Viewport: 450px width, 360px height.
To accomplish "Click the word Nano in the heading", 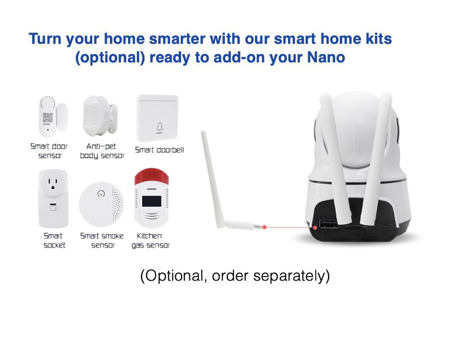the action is [326, 57].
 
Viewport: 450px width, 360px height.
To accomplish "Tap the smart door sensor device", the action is [53, 117].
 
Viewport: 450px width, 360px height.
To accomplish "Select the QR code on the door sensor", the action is [47, 118].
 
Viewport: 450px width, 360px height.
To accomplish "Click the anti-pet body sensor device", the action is [100, 116].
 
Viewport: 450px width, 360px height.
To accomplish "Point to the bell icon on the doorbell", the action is [160, 127].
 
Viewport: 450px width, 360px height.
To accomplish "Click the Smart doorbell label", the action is [159, 150].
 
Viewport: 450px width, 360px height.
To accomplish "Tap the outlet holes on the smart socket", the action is [53, 184].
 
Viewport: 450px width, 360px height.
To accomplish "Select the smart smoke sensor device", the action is [102, 204].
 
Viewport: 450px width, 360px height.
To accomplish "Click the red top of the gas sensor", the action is [152, 176].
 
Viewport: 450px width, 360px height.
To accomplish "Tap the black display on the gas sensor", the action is [152, 202].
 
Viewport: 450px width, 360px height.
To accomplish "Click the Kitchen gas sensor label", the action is [150, 241].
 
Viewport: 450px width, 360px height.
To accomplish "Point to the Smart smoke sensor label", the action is [102, 241].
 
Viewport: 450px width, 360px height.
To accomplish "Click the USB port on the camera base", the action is [329, 224].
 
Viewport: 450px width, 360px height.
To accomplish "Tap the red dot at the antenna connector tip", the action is [265, 227].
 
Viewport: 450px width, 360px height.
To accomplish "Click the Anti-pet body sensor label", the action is [102, 151].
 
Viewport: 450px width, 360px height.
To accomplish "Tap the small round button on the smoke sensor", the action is [101, 194].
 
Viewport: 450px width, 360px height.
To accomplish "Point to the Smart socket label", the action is [54, 241].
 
